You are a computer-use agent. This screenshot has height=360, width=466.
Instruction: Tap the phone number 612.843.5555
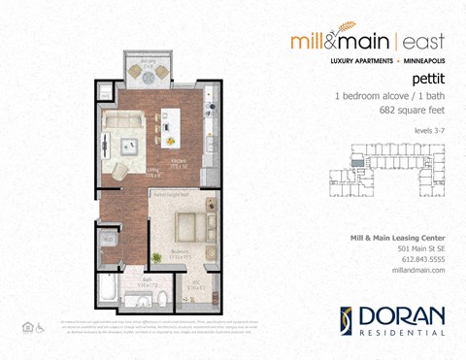tap(422, 260)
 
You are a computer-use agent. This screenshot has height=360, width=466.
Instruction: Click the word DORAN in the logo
tap(404, 316)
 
